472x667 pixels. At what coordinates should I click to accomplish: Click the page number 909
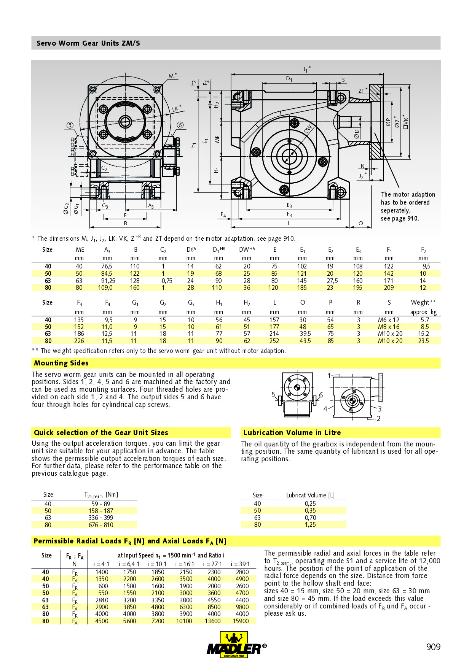433,647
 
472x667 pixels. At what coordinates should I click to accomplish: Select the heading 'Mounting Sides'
61,363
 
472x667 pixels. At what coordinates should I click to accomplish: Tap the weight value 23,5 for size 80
423,341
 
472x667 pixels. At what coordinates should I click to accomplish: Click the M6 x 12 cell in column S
388,320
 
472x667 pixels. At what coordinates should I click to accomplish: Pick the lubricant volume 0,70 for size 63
310,518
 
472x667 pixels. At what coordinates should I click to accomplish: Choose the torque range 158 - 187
101,511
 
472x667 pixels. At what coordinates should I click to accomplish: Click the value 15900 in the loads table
241,621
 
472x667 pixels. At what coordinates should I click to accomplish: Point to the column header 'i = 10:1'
158,564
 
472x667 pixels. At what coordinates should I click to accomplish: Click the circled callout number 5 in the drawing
70,125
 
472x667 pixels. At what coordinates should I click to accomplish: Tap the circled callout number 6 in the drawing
180,125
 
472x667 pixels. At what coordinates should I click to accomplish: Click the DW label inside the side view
308,129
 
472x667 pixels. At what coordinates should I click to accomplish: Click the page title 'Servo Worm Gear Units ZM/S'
88,43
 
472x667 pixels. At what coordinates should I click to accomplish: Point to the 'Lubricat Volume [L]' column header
310,495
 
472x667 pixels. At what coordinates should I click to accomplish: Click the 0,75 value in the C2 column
167,281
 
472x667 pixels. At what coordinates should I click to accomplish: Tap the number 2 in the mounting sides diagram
378,419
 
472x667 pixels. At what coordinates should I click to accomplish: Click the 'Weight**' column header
423,303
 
